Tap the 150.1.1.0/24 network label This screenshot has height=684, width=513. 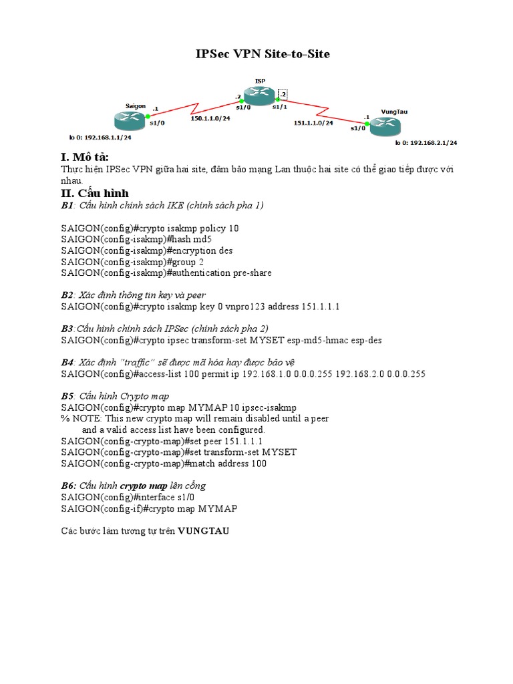(x=210, y=119)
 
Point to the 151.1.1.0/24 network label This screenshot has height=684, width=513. (x=313, y=123)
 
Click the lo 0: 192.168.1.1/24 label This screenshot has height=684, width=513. (x=100, y=138)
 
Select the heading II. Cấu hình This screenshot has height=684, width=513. (x=95, y=193)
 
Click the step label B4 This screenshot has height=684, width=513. (x=67, y=363)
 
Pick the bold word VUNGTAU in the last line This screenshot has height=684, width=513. (x=204, y=531)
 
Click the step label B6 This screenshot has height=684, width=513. (x=68, y=486)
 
